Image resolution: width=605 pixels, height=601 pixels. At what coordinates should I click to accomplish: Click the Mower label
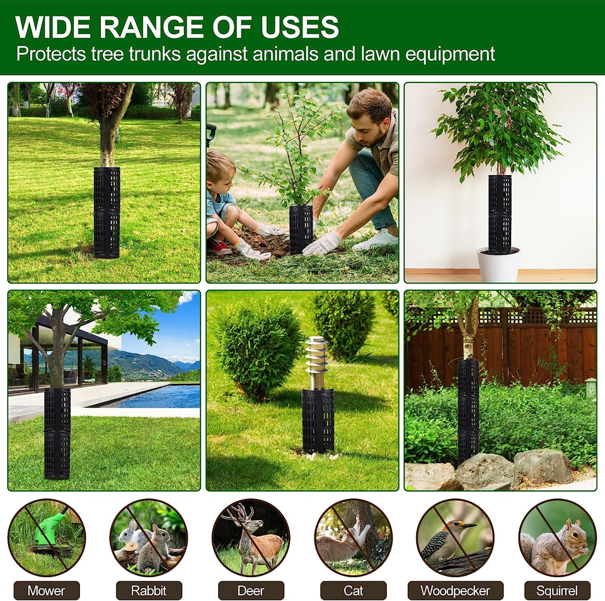pyautogui.click(x=46, y=590)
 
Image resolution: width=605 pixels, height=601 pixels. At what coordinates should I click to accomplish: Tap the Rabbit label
pyautogui.click(x=149, y=590)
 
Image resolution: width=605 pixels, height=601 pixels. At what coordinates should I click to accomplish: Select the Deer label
pyautogui.click(x=250, y=590)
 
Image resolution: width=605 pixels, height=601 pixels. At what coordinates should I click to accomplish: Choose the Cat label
pyautogui.click(x=353, y=590)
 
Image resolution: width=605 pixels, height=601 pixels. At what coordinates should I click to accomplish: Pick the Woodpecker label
pyautogui.click(x=455, y=590)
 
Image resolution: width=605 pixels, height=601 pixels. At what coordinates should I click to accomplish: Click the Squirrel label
pyautogui.click(x=557, y=590)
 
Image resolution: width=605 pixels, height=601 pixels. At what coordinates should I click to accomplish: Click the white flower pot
pyautogui.click(x=499, y=265)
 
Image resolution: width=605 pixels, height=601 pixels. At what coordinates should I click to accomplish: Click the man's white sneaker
pyautogui.click(x=376, y=240)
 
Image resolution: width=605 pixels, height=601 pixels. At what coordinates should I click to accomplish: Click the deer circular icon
pyautogui.click(x=250, y=537)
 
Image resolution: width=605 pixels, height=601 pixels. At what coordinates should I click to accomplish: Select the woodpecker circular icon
pyautogui.click(x=455, y=537)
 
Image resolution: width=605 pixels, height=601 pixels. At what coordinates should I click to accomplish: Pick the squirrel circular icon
pyautogui.click(x=557, y=537)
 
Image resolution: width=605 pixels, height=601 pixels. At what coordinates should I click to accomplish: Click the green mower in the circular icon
pyautogui.click(x=50, y=528)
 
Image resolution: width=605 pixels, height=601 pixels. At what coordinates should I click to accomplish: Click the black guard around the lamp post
pyautogui.click(x=318, y=420)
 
